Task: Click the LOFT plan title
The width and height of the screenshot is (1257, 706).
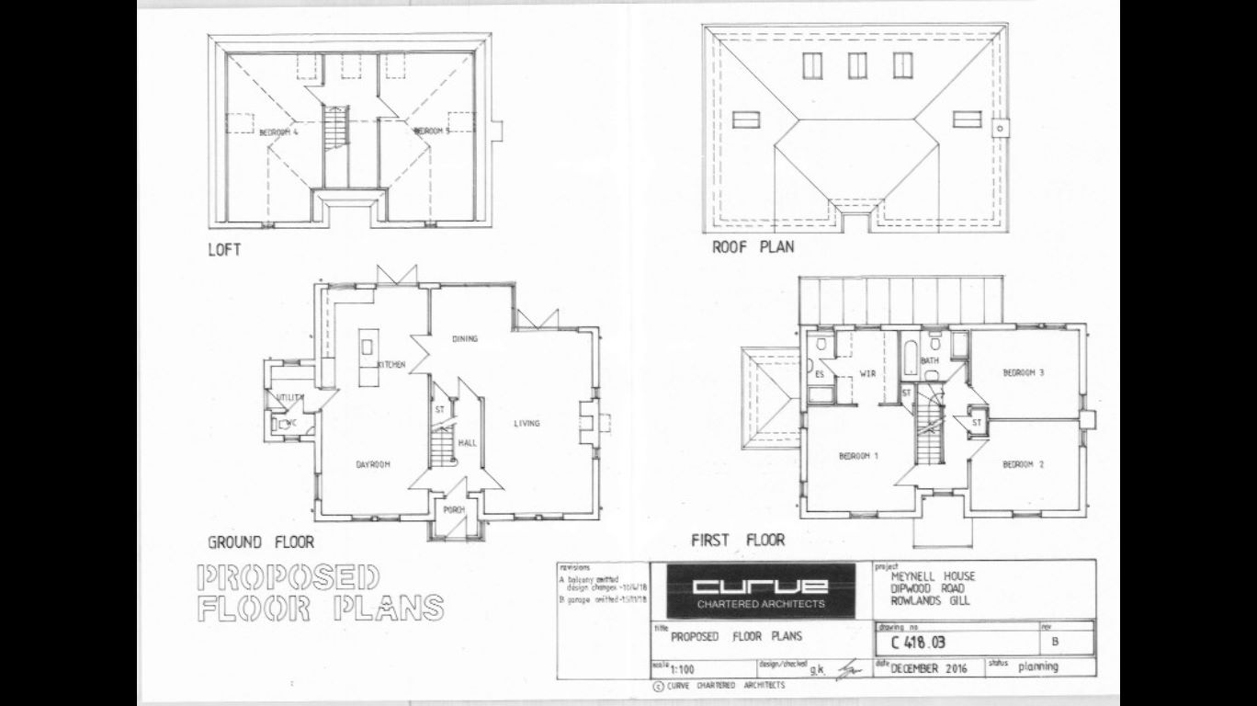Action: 224,249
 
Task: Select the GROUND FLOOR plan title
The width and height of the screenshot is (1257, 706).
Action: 260,542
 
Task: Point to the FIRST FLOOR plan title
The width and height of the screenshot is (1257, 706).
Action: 738,540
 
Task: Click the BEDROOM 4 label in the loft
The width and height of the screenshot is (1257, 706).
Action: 279,132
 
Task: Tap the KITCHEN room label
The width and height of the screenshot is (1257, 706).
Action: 390,365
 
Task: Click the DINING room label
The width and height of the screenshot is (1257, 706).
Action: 465,339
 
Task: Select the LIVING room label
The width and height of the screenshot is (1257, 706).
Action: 527,424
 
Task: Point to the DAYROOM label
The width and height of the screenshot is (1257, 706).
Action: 373,464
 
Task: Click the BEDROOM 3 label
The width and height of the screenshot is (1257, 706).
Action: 1024,372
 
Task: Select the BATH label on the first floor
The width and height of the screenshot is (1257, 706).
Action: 929,360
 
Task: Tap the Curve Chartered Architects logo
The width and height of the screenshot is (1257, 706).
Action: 760,589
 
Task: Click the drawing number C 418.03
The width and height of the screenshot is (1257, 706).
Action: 912,643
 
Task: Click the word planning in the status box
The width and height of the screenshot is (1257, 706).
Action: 1038,666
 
